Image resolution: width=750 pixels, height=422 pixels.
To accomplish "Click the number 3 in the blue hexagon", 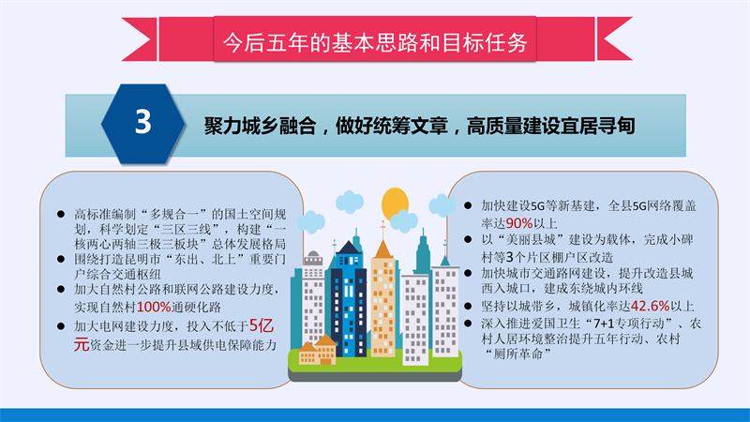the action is pyautogui.click(x=143, y=122).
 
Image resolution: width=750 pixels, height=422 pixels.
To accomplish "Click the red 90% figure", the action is pyautogui.click(x=519, y=223).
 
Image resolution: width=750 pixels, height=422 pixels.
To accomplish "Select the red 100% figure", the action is pyautogui.click(x=154, y=307).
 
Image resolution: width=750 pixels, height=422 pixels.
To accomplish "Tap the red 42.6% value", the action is pyautogui.click(x=650, y=306).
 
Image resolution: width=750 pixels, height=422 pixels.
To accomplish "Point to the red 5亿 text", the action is pyautogui.click(x=262, y=325).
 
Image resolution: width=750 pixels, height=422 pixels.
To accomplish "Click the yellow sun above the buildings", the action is pyautogui.click(x=395, y=203).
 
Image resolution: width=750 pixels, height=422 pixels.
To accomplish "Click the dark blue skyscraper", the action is pyautogui.click(x=348, y=299).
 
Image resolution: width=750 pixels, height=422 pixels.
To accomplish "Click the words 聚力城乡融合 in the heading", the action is pyautogui.click(x=261, y=126).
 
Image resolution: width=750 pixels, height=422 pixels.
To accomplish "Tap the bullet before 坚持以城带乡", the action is pyautogui.click(x=468, y=307).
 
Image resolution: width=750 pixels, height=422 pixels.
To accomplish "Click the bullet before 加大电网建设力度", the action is pyautogui.click(x=61, y=326).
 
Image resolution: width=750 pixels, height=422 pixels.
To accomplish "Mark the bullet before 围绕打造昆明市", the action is pyautogui.click(x=61, y=260).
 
